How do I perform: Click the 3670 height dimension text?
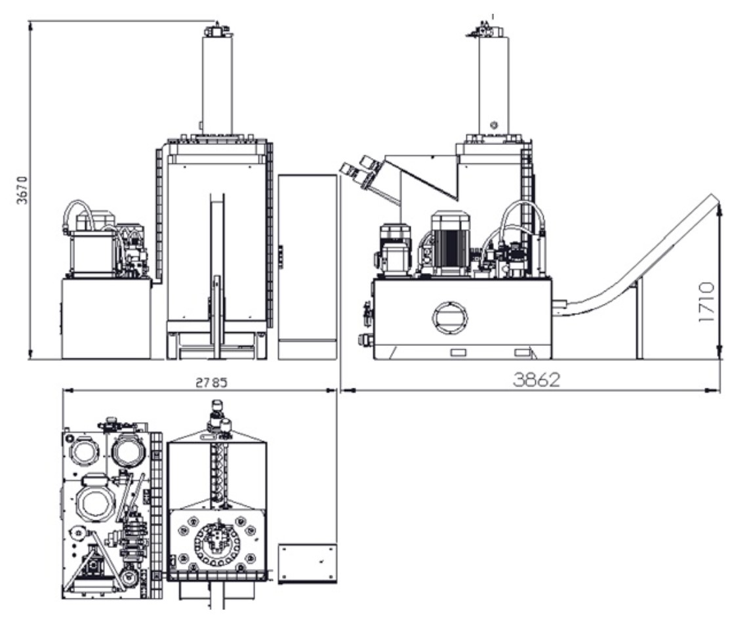pyautogui.click(x=22, y=190)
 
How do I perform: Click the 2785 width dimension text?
pyautogui.click(x=211, y=383)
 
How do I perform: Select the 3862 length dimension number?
pyautogui.click(x=537, y=380)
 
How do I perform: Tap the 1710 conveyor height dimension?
pyautogui.click(x=706, y=303)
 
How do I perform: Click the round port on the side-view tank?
pyautogui.click(x=450, y=318)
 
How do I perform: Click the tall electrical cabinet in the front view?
pyautogui.click(x=308, y=266)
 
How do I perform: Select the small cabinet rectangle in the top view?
pyautogui.click(x=308, y=563)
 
